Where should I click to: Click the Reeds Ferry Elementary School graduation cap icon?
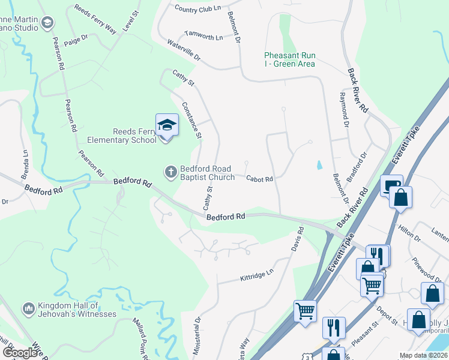coord(167,125)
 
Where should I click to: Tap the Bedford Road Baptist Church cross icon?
coord(170,172)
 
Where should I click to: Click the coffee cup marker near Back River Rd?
coord(391,185)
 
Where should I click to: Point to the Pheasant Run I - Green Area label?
coord(290,59)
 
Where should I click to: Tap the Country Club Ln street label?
coord(197,8)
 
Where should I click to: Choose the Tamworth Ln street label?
coord(203,36)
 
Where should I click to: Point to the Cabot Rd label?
coord(259,179)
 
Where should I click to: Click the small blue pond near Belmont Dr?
coord(318,164)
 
